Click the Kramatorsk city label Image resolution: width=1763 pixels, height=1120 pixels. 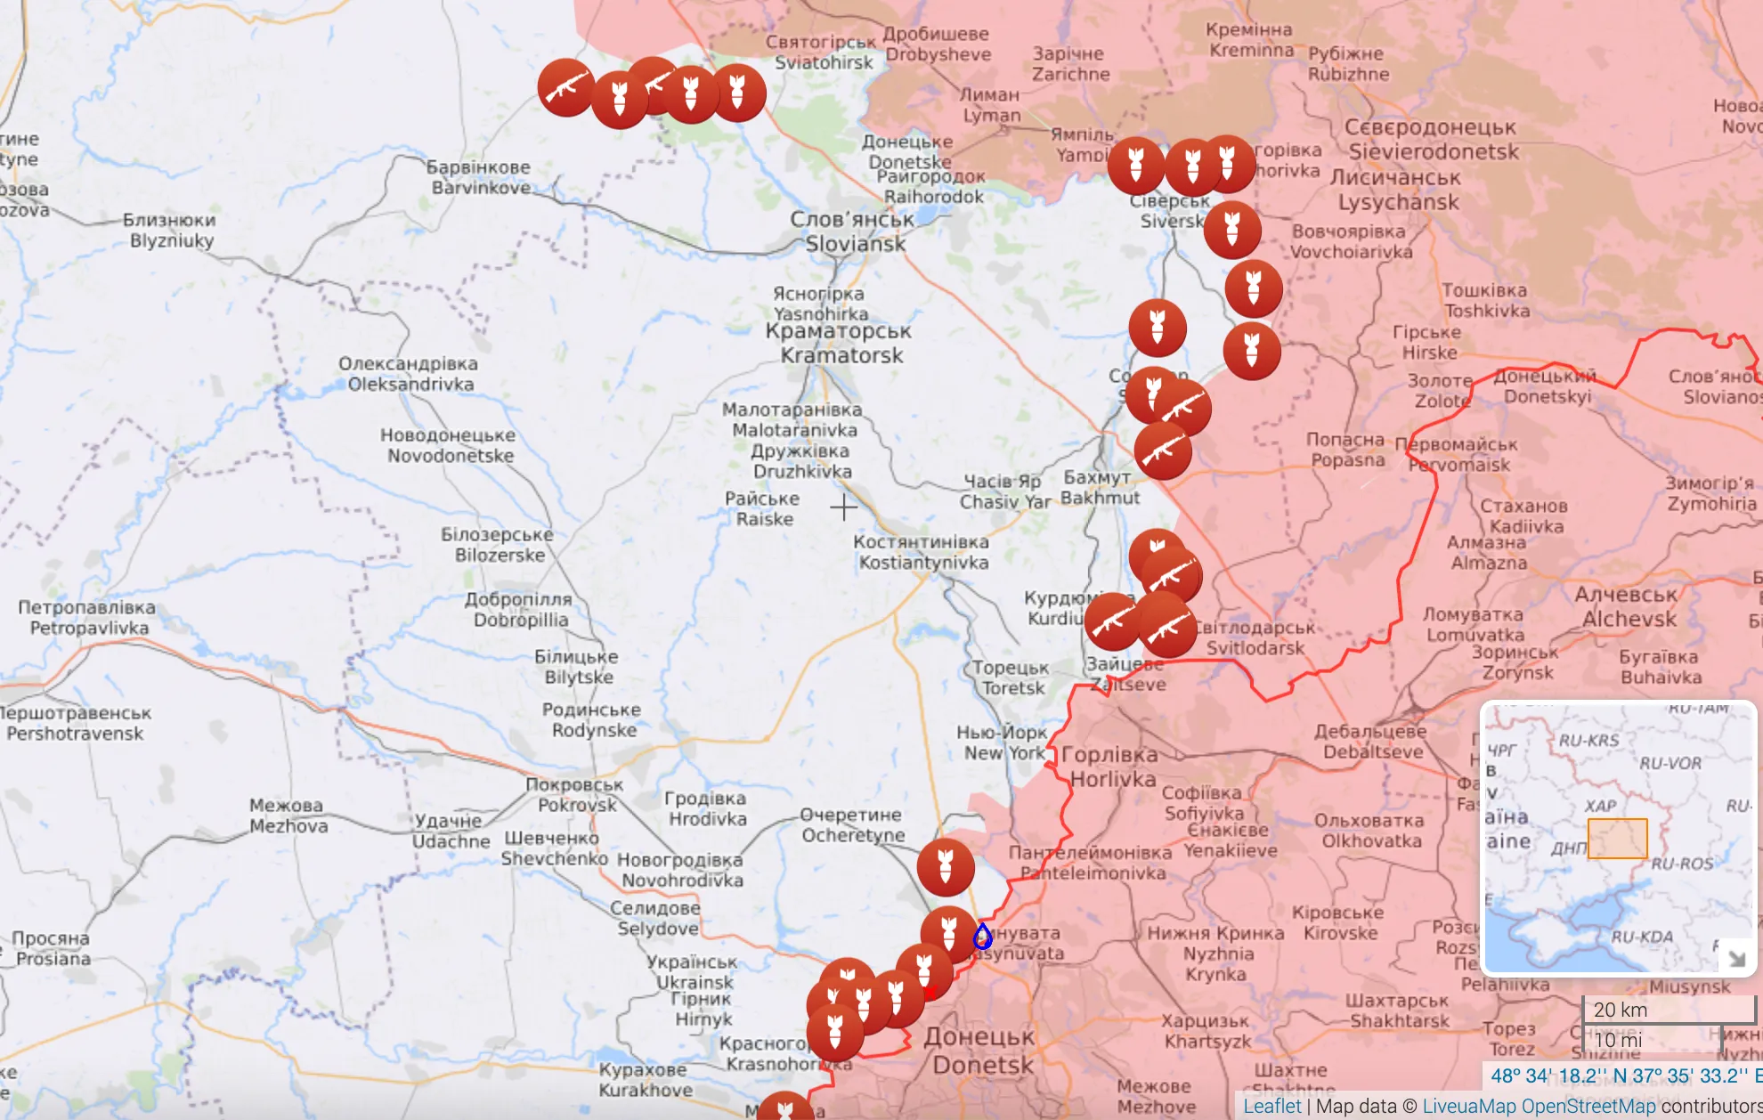(x=839, y=344)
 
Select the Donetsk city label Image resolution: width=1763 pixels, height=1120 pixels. (x=980, y=1051)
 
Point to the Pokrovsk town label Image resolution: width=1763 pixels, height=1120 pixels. (x=575, y=795)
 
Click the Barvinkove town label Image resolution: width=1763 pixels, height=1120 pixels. (x=479, y=177)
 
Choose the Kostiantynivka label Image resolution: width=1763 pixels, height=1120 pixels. (x=922, y=552)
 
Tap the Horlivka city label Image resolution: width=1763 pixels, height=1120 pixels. (x=1110, y=767)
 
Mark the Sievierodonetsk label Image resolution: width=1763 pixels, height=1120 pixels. (x=1432, y=140)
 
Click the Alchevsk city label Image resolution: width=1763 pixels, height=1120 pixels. (x=1627, y=606)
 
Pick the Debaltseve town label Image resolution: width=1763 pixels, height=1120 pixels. (x=1371, y=742)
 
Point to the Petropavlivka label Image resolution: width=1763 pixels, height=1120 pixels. (x=87, y=617)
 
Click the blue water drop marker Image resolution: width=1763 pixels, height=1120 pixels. (x=982, y=937)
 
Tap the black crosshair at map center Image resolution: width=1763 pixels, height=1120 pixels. (x=843, y=507)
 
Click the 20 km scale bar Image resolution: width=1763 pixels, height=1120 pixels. (x=1667, y=1010)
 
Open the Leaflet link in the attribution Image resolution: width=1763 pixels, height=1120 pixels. (x=1271, y=1106)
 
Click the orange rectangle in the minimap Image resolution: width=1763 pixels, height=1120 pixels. (x=1617, y=839)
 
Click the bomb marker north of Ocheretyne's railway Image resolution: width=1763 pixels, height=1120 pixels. (x=946, y=867)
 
